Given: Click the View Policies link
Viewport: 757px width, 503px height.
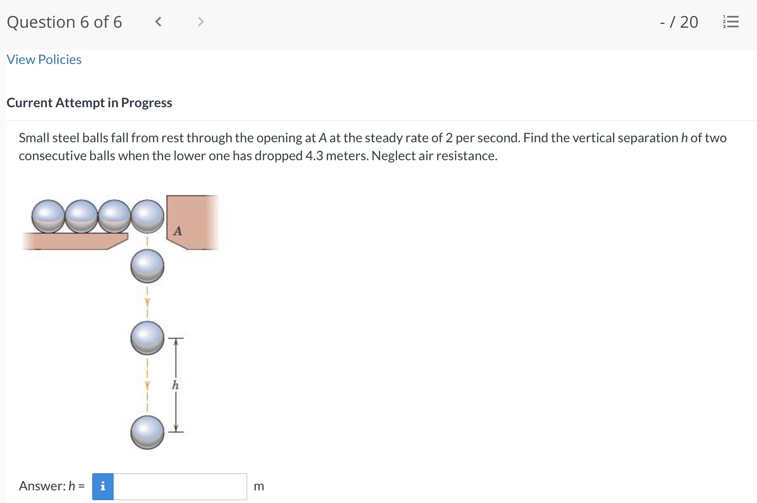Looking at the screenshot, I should (44, 60).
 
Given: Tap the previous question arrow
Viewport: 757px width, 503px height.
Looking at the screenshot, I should (158, 22).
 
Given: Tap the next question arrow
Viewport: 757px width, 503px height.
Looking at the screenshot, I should (200, 22).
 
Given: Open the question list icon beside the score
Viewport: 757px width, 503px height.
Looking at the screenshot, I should (730, 22).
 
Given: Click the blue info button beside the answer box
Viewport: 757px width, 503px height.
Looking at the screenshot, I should (103, 486).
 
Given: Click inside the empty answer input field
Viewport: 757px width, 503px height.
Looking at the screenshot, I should (180, 486).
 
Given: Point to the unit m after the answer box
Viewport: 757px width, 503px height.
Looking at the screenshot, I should (259, 486).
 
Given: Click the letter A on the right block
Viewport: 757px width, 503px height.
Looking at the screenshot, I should (178, 231).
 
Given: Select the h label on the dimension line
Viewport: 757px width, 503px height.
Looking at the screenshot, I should (175, 385).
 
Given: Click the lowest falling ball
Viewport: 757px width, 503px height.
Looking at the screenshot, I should (147, 432).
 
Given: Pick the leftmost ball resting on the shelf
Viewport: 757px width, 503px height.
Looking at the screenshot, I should (49, 216).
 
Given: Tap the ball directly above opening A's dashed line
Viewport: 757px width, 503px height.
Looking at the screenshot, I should (147, 216).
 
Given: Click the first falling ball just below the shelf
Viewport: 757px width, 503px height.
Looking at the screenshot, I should (147, 266).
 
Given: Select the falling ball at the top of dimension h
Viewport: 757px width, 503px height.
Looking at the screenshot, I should (147, 338).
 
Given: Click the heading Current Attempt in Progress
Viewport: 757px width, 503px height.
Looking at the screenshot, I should (89, 103).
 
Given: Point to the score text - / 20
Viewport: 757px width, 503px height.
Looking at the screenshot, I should (679, 22).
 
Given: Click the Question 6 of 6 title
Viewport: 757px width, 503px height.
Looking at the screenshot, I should (64, 22).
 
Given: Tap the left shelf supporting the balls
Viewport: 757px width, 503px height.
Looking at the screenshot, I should (73, 241).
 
